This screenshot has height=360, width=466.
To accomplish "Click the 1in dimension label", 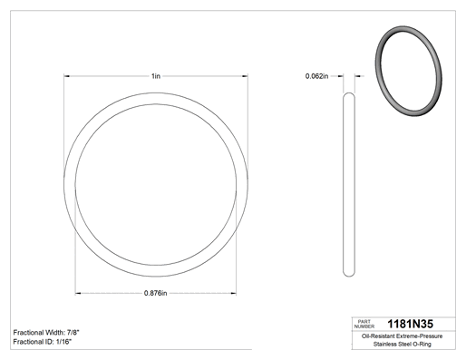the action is pyautogui.click(x=156, y=76).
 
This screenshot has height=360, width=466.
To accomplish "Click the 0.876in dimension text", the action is pyautogui.click(x=155, y=293).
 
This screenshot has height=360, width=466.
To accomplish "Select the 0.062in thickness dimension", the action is pyautogui.click(x=316, y=76).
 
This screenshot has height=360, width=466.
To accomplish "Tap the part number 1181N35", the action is pyautogui.click(x=410, y=324).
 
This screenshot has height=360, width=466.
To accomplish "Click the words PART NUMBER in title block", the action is pyautogui.click(x=364, y=324).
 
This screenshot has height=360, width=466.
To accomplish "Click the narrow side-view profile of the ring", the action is pyautogui.click(x=349, y=184).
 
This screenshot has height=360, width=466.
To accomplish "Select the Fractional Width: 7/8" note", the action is pyautogui.click(x=46, y=333).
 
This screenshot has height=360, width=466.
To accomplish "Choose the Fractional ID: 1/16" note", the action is pyautogui.click(x=43, y=342).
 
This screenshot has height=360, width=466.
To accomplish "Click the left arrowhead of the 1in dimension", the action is pyautogui.click(x=66, y=76).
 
